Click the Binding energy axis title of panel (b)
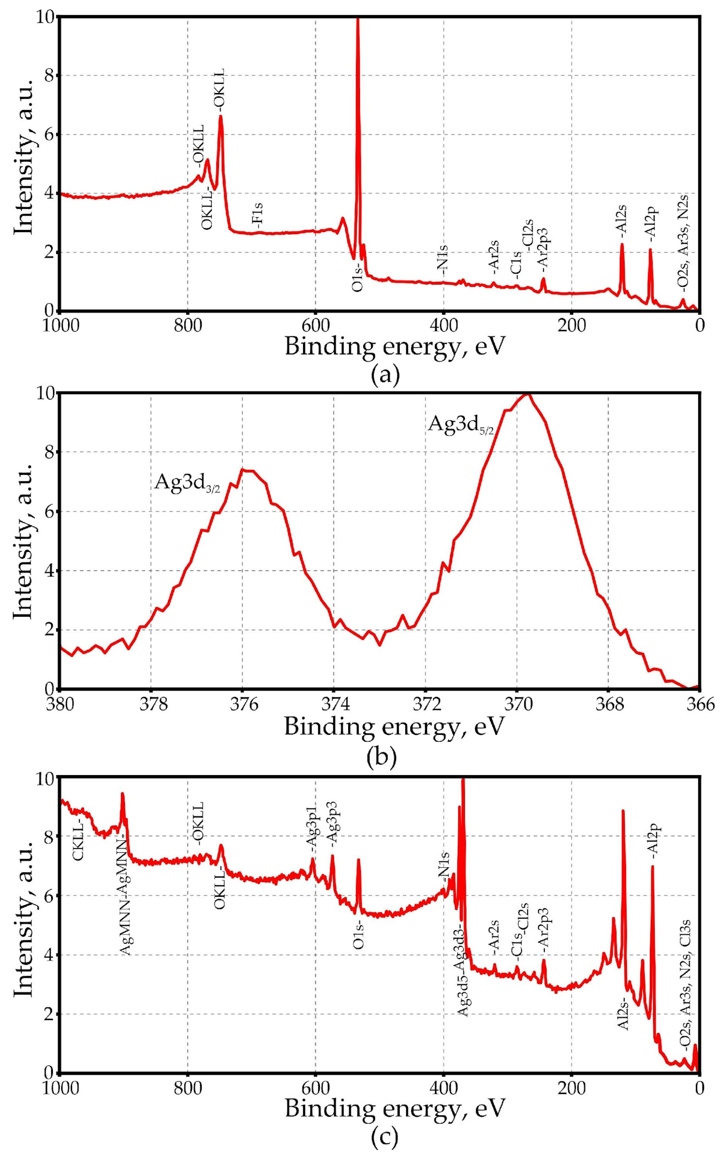(394, 725)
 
